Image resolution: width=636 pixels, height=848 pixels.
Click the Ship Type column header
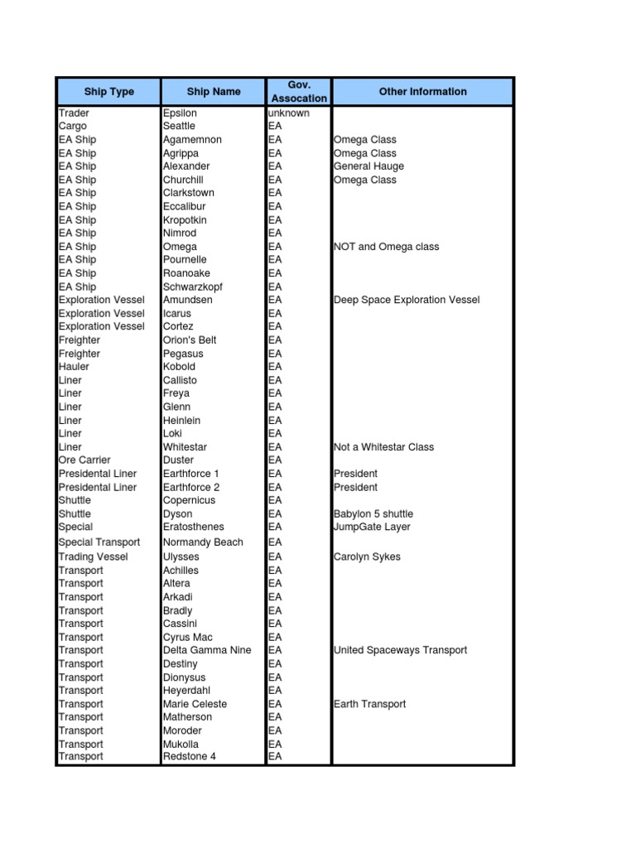(x=108, y=92)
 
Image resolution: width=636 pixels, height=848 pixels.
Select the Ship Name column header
(x=214, y=92)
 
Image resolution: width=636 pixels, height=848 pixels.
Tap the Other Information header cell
(x=422, y=92)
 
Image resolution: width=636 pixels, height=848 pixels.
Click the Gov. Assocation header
(x=299, y=92)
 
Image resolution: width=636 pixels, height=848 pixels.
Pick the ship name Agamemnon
(x=192, y=140)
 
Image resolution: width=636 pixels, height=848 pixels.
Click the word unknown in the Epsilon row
(x=289, y=113)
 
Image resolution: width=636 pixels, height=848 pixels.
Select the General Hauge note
(x=369, y=166)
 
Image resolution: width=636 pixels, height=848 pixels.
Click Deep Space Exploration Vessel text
(x=406, y=300)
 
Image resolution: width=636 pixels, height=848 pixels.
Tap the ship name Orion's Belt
(x=190, y=340)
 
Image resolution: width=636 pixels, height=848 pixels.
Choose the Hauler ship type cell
(x=75, y=366)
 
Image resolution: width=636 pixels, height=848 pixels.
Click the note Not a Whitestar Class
(x=383, y=446)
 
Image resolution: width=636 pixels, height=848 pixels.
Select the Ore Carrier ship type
(x=84, y=460)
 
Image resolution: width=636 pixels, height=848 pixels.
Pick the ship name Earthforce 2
(x=191, y=487)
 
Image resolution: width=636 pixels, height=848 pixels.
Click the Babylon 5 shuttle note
(x=373, y=513)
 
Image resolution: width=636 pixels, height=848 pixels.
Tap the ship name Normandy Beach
(x=203, y=542)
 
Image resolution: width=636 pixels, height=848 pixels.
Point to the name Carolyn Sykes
(x=367, y=556)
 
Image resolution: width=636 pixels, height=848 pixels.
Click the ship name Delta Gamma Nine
(x=207, y=650)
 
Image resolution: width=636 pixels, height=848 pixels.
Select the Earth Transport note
(x=369, y=704)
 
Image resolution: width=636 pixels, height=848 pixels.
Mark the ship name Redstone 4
(x=189, y=756)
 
